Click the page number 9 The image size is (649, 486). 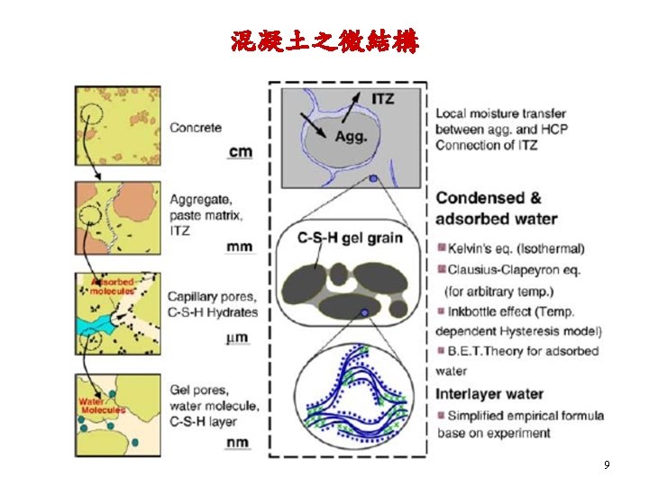(x=607, y=465)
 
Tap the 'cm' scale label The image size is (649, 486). (x=240, y=152)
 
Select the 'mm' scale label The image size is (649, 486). (x=240, y=246)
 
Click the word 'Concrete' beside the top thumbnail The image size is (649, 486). (x=196, y=128)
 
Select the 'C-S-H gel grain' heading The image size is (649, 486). (x=351, y=238)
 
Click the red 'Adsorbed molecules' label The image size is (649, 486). (x=115, y=287)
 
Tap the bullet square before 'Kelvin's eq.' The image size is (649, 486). (x=441, y=248)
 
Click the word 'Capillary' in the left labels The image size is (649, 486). (x=196, y=298)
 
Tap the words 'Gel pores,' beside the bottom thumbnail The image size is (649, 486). (x=197, y=390)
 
